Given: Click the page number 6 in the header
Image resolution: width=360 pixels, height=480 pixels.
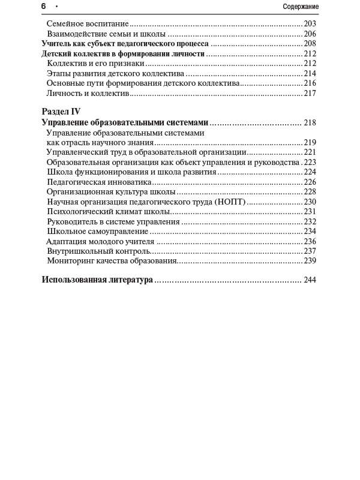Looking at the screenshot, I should pos(44,6).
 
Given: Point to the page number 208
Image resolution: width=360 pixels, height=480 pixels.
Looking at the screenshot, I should pos(310,44).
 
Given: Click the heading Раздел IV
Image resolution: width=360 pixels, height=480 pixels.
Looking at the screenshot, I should pos(61,112).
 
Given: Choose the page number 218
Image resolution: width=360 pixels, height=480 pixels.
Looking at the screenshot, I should pos(310,122).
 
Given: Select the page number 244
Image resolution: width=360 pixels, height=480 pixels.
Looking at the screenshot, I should pos(310,280).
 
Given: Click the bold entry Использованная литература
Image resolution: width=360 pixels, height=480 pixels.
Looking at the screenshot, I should pos(97,280).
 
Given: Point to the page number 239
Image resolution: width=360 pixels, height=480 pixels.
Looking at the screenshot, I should pos(310,260).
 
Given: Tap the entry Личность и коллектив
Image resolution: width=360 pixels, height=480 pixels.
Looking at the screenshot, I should pos(88,93).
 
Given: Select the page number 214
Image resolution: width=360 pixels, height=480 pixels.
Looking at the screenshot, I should pos(310,73).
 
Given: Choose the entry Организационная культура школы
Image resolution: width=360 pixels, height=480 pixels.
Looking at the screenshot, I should pos(111,192).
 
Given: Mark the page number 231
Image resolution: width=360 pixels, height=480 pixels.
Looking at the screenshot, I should pos(310,211).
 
